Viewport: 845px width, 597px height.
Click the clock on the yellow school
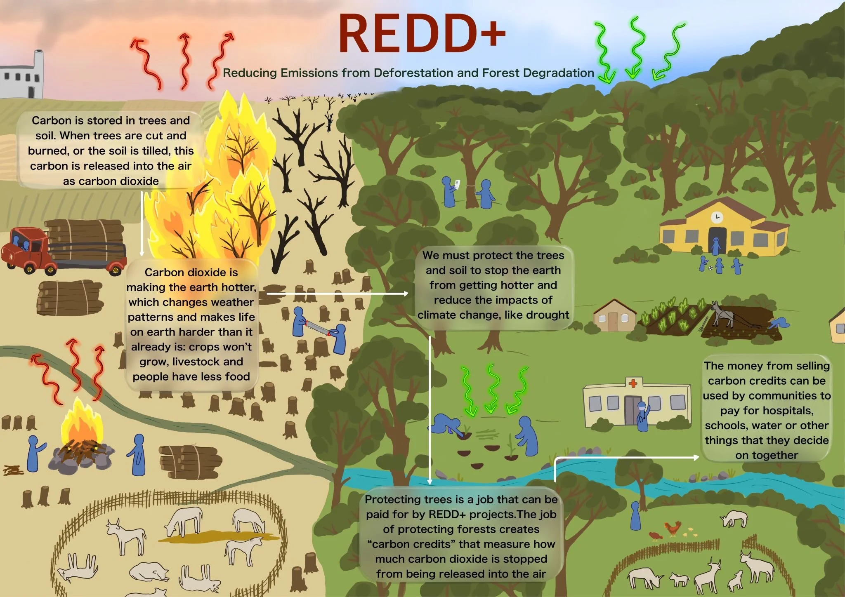click(717, 217)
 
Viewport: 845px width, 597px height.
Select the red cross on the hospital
click(632, 383)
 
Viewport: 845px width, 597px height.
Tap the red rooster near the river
click(672, 527)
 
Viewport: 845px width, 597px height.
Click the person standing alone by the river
click(635, 516)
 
